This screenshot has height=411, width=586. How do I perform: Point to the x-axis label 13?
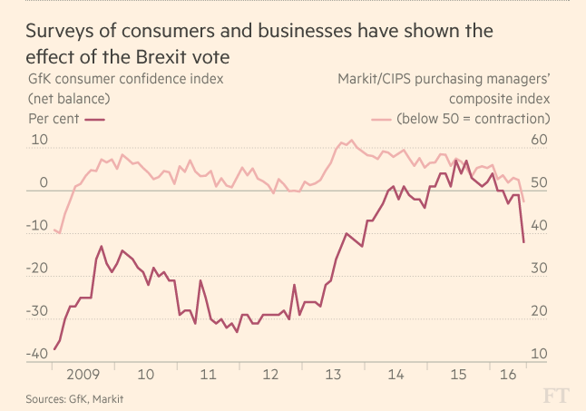[332, 374]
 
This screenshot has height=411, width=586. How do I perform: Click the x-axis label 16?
[508, 374]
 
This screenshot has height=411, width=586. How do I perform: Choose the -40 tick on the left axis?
[35, 354]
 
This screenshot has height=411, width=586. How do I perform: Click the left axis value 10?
[38, 140]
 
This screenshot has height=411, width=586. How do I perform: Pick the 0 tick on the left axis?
[43, 182]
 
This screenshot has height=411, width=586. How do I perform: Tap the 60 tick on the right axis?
[540, 140]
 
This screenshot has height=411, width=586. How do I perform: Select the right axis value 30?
[540, 269]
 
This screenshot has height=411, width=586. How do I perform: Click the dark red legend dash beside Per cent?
[95, 119]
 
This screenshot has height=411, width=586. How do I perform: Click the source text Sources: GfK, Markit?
[74, 398]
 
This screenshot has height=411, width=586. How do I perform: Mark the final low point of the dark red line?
[524, 242]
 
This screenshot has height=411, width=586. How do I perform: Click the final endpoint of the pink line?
[524, 201]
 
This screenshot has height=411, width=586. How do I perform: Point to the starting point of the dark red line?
[54, 349]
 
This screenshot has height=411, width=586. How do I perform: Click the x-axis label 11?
[209, 374]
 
